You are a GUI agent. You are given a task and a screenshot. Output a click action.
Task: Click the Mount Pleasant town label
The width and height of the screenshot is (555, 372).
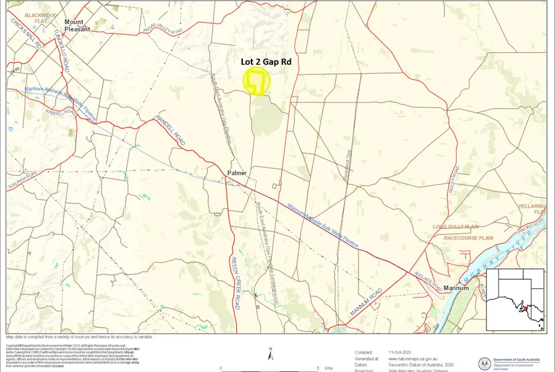pyautogui.click(x=77, y=25)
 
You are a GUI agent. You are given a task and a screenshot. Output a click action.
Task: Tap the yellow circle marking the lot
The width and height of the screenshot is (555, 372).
pyautogui.click(x=257, y=82)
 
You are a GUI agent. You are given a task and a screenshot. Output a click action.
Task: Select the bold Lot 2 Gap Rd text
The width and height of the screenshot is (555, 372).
pyautogui.click(x=266, y=62)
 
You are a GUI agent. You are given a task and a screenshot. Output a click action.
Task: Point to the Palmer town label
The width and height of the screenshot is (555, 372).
pyautogui.click(x=237, y=173)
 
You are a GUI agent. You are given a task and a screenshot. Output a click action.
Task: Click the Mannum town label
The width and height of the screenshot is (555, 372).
pyautogui.click(x=456, y=288)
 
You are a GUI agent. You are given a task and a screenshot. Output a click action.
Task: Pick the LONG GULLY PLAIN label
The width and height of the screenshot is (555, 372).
pyautogui.click(x=456, y=227)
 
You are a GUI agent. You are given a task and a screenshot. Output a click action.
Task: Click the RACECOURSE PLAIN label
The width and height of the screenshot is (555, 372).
pyautogui.click(x=468, y=238)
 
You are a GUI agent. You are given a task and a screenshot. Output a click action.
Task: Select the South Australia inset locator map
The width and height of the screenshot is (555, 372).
pyautogui.click(x=515, y=299)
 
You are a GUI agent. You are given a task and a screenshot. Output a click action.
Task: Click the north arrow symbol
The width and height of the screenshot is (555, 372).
pyautogui.click(x=270, y=355)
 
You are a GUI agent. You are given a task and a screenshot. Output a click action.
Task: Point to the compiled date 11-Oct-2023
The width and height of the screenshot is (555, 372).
pyautogui.click(x=399, y=352)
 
